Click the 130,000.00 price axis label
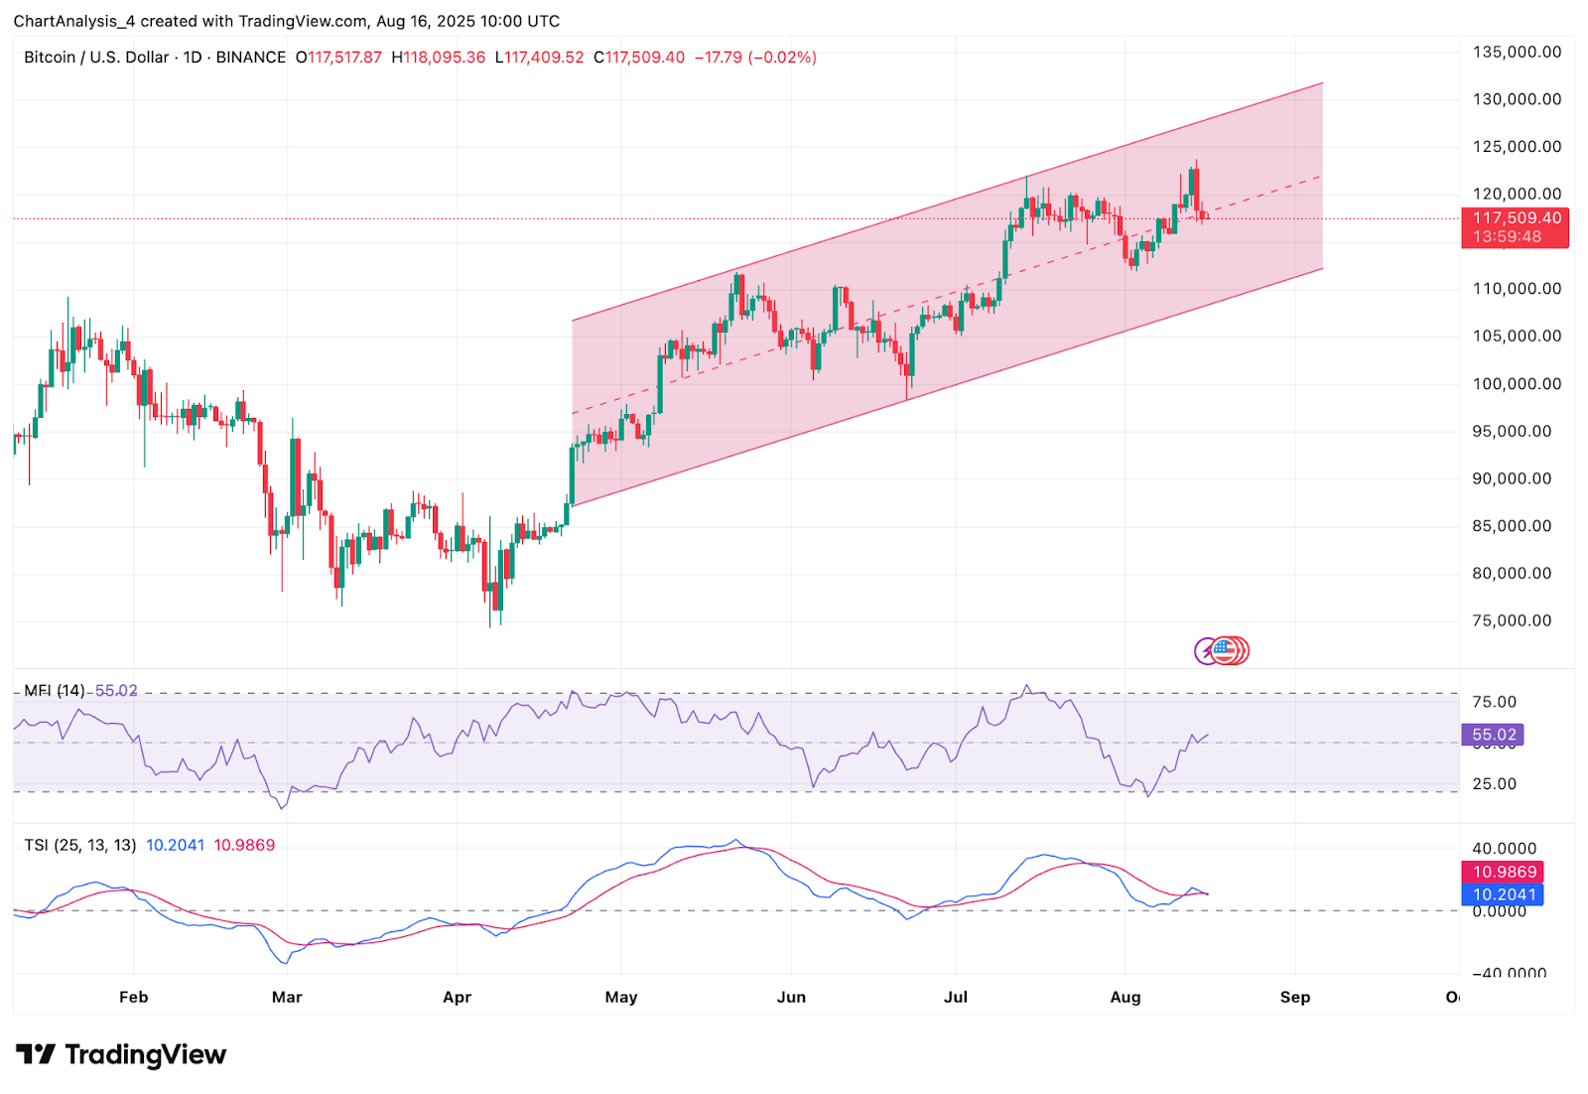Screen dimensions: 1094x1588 pyautogui.click(x=1517, y=99)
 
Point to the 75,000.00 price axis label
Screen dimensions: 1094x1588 pyautogui.click(x=1512, y=620)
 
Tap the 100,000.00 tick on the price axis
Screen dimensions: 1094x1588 pyautogui.click(x=1517, y=383)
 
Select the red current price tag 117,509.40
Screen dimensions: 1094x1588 pyautogui.click(x=1516, y=218)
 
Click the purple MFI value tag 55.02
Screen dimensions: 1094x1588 pyautogui.click(x=1493, y=735)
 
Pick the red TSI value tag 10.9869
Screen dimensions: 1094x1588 pyautogui.click(x=1504, y=872)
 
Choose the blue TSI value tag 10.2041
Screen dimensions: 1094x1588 pyautogui.click(x=1504, y=894)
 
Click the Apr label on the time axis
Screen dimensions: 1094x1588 pyautogui.click(x=457, y=997)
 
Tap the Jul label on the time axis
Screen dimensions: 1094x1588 pyautogui.click(x=956, y=997)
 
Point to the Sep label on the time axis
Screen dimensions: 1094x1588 pyautogui.click(x=1294, y=997)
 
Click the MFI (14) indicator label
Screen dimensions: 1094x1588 pyautogui.click(x=55, y=690)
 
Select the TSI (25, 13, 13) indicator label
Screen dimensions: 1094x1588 pyautogui.click(x=80, y=845)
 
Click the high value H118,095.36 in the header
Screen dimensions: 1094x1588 pyautogui.click(x=439, y=58)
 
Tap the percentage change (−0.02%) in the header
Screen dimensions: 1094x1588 pyautogui.click(x=782, y=58)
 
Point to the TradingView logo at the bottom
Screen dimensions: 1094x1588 pyautogui.click(x=121, y=1054)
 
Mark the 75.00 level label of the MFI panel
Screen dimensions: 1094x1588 pyautogui.click(x=1494, y=702)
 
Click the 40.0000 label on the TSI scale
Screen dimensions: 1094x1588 pyautogui.click(x=1504, y=849)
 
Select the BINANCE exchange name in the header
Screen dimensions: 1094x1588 pyautogui.click(x=251, y=58)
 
